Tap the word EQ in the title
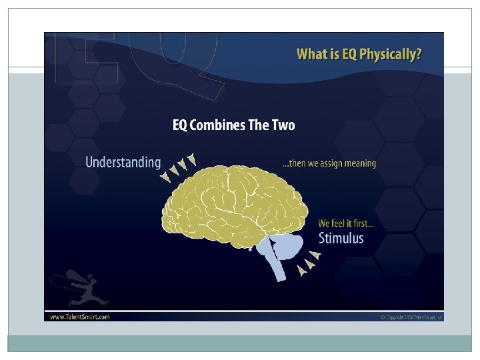(x=347, y=54)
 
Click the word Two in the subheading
(x=283, y=125)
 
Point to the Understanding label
(x=123, y=162)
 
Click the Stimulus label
(x=341, y=238)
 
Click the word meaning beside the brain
(x=360, y=163)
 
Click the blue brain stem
(x=275, y=253)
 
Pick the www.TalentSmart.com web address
(x=80, y=317)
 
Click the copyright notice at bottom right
(x=410, y=317)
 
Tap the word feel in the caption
(x=341, y=223)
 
